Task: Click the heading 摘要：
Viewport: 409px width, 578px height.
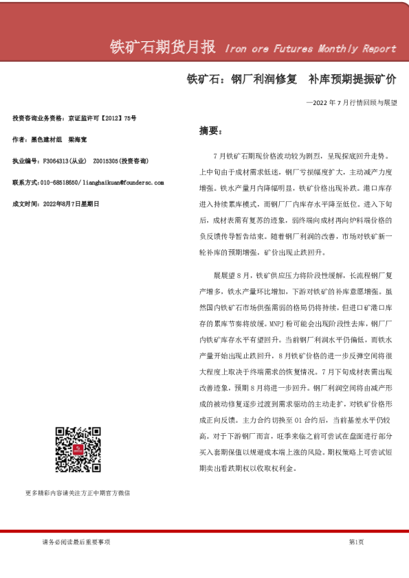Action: point(209,130)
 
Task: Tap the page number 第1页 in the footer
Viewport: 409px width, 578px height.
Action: point(356,542)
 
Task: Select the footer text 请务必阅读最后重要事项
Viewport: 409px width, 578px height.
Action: point(76,542)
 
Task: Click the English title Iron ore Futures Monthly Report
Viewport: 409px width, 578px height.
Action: point(310,49)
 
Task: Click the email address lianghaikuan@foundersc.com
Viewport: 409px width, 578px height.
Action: point(122,183)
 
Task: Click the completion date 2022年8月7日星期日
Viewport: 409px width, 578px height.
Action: point(71,204)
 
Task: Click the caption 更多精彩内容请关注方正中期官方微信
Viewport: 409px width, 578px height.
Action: point(78,493)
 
